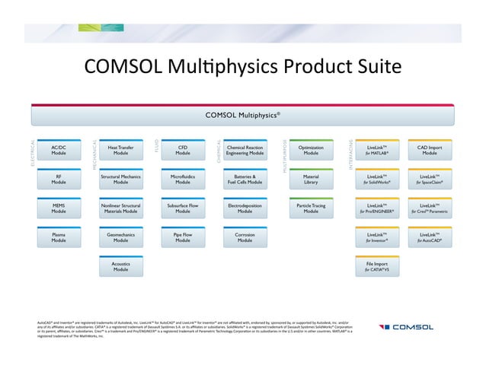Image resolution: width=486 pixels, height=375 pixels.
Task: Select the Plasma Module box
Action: [59, 238]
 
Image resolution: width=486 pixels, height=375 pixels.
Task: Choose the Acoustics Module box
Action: [120, 266]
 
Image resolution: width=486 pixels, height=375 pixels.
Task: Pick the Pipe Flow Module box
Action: [183, 238]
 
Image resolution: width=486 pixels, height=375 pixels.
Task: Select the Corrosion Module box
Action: [245, 238]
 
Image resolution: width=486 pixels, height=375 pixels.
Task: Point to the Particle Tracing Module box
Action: [311, 208]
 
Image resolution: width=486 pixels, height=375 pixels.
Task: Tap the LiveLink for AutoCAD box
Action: [430, 238]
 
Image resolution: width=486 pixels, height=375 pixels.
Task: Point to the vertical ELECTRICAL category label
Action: [33, 153]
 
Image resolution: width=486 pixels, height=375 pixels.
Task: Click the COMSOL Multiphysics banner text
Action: [243, 116]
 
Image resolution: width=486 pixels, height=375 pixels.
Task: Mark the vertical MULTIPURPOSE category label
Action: [285, 155]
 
